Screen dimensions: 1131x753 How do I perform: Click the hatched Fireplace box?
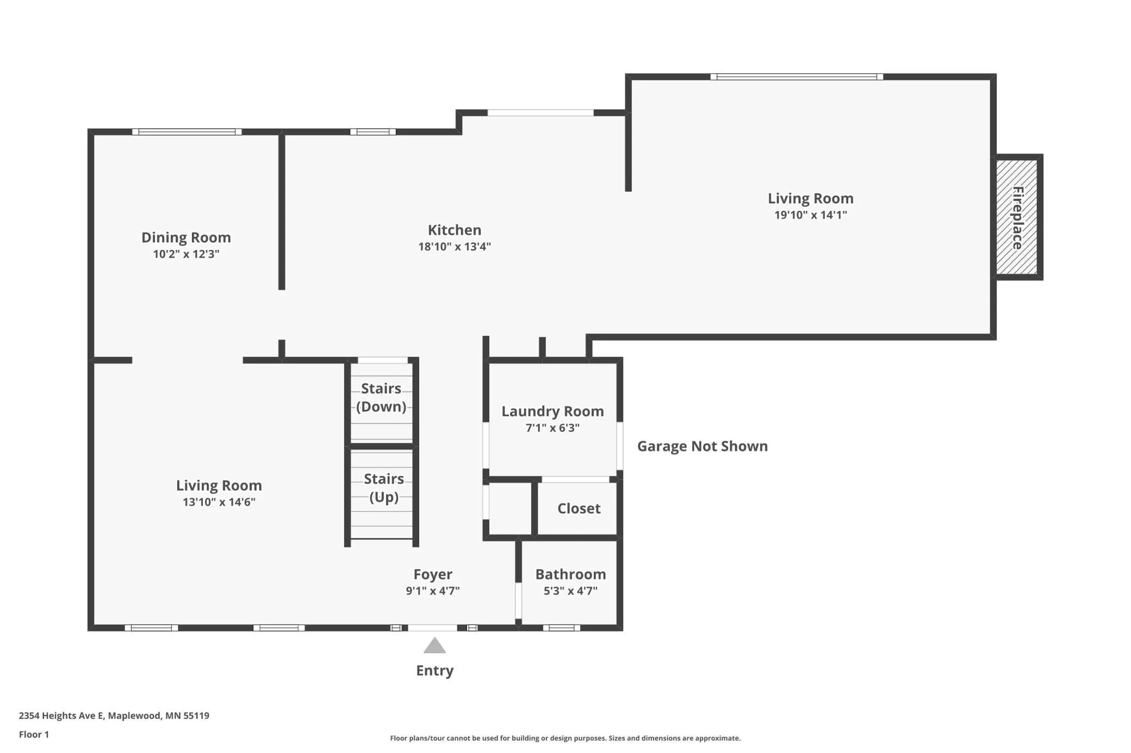pyautogui.click(x=1017, y=217)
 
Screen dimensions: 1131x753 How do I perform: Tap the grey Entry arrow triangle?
pyautogui.click(x=434, y=645)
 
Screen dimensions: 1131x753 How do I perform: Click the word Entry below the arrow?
pyautogui.click(x=434, y=671)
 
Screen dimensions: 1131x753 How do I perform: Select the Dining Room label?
pyautogui.click(x=186, y=237)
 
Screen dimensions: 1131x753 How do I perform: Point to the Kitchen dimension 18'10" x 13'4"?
pyautogui.click(x=455, y=247)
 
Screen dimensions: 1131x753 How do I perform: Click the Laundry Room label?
pyautogui.click(x=552, y=411)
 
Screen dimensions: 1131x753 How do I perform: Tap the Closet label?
pyautogui.click(x=579, y=509)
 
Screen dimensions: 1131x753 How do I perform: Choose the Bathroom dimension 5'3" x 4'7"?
pyautogui.click(x=570, y=591)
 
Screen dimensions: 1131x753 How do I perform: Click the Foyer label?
pyautogui.click(x=433, y=574)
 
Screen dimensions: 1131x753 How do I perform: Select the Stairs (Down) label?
pyautogui.click(x=381, y=398)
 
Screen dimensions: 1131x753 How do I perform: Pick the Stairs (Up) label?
pyautogui.click(x=384, y=488)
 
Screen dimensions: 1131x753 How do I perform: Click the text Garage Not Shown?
pyautogui.click(x=703, y=447)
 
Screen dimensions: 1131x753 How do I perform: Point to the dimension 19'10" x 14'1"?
pyautogui.click(x=811, y=215)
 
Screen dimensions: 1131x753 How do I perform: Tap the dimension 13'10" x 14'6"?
pyautogui.click(x=219, y=502)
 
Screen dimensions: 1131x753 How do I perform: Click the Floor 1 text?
pyautogui.click(x=34, y=735)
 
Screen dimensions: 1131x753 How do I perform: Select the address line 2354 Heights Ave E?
pyautogui.click(x=114, y=716)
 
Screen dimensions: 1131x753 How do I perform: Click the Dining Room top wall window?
pyautogui.click(x=187, y=131)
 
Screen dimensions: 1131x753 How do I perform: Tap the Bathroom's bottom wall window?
pyautogui.click(x=562, y=628)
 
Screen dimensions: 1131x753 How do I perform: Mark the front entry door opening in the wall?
pyautogui.click(x=433, y=628)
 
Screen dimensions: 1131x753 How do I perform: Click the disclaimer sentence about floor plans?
pyautogui.click(x=565, y=738)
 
